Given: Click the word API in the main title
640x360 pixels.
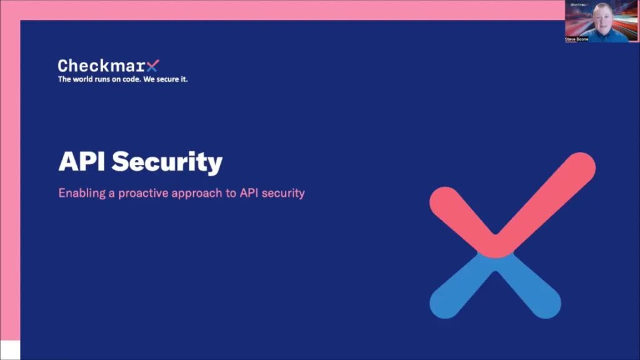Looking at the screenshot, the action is coord(82,161).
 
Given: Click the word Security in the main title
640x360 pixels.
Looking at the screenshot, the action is coord(167,163).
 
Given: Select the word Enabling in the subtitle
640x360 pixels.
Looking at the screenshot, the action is coord(82,193).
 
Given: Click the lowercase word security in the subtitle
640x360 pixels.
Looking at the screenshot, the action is coord(283,193).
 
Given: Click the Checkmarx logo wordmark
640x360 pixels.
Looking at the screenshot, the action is coord(109,66).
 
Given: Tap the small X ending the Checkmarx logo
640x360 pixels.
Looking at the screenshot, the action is coord(152,66).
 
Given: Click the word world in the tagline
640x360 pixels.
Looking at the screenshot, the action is coord(83,79).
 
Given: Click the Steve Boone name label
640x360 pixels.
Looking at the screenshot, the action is coord(577,39).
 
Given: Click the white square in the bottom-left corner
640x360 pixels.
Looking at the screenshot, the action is coord(10,350).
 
